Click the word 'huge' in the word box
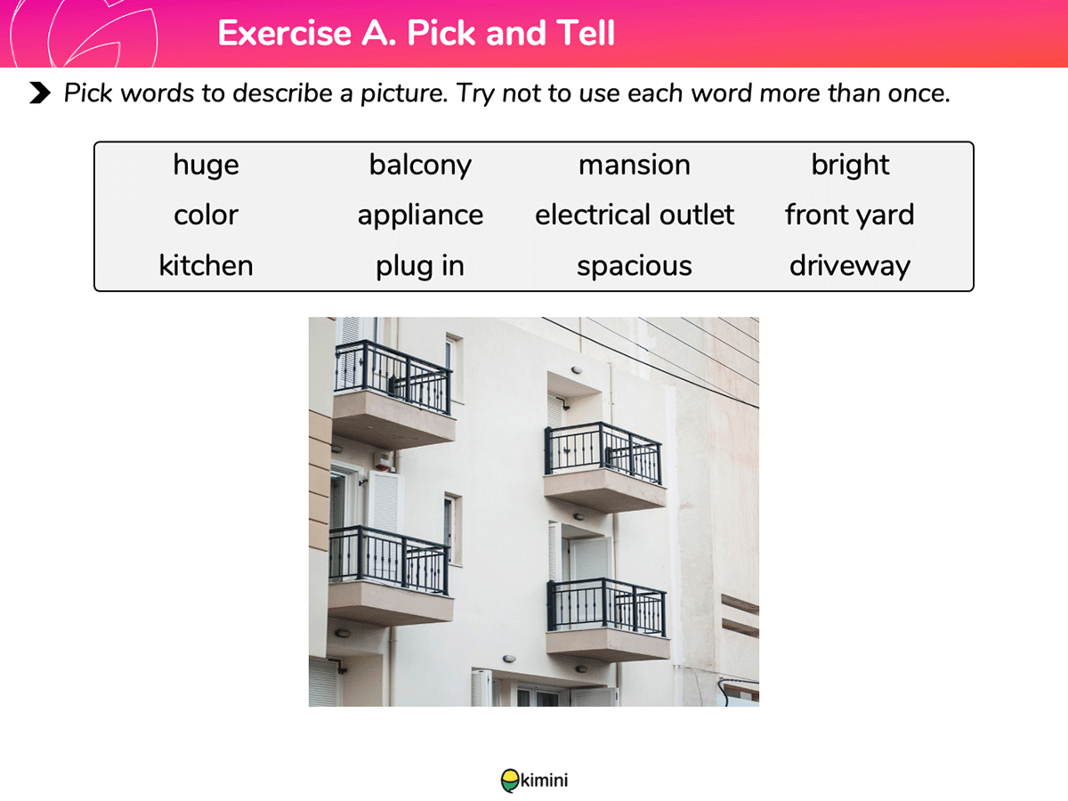pos(206,166)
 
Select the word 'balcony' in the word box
pos(420,166)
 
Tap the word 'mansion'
pos(634,165)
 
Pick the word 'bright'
pos(850,166)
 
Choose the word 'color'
pos(206,215)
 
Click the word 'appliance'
pos(420,216)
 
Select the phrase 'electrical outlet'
pos(635,214)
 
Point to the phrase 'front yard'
pos(850,216)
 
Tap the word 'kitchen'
pos(206,265)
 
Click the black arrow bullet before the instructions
pos(40,93)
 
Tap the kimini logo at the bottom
pos(534,781)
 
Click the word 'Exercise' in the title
pos(284,33)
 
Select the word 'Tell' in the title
pos(586,33)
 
